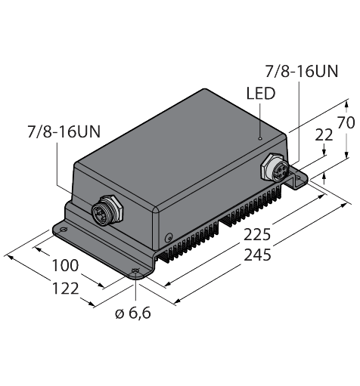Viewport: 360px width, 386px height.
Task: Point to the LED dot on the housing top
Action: tap(259, 138)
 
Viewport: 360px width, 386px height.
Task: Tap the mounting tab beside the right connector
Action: tap(300, 179)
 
